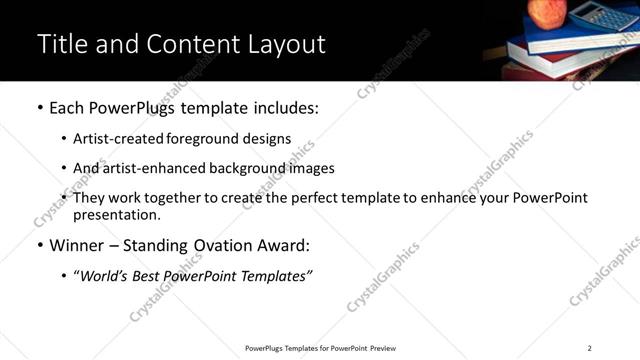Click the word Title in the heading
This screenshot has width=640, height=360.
click(60, 45)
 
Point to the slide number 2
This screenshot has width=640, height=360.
click(589, 348)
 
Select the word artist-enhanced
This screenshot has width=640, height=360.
click(150, 168)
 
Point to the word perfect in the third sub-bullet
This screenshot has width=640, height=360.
click(317, 198)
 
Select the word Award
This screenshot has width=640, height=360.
click(283, 245)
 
